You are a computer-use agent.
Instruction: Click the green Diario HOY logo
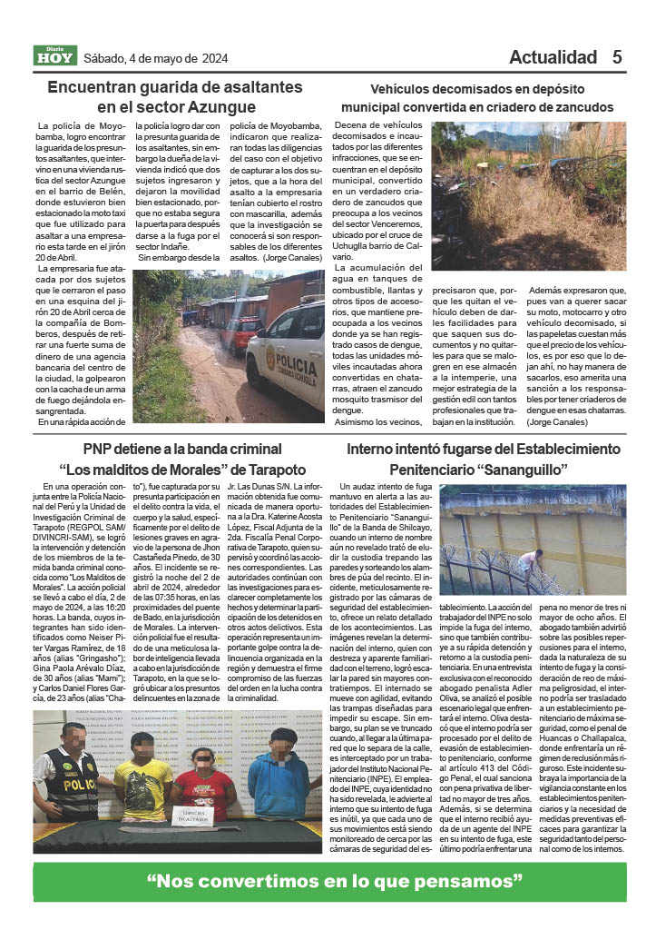pos(55,56)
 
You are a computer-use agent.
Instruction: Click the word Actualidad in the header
pos(553,57)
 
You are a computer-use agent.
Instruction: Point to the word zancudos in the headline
pos(578,107)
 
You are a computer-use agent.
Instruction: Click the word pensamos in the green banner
pos(473,881)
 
